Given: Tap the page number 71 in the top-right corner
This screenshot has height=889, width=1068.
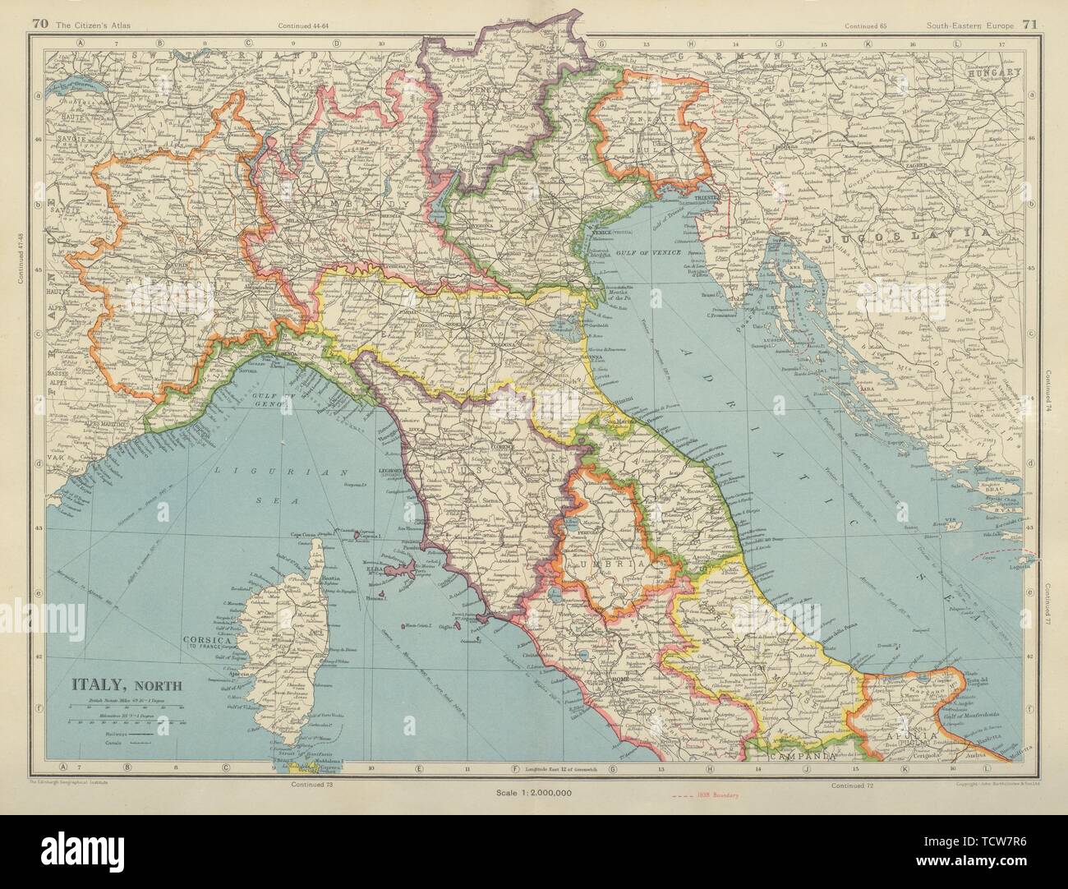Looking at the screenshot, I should [1033, 25].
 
